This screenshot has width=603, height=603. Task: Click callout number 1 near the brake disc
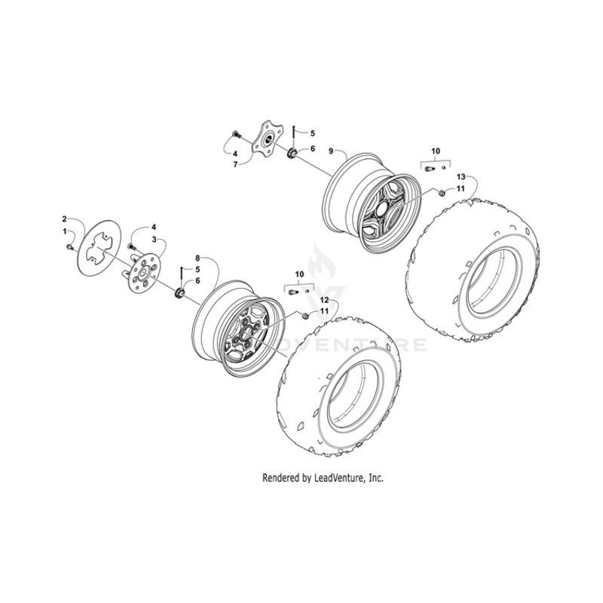coord(65,230)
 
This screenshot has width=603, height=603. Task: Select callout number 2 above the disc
coord(65,219)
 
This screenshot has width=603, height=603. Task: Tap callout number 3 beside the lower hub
coord(154,239)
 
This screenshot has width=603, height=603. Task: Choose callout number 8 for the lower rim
coord(197,258)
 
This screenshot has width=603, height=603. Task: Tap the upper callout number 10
coord(435,152)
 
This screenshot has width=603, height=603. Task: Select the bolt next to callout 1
coord(71,246)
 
